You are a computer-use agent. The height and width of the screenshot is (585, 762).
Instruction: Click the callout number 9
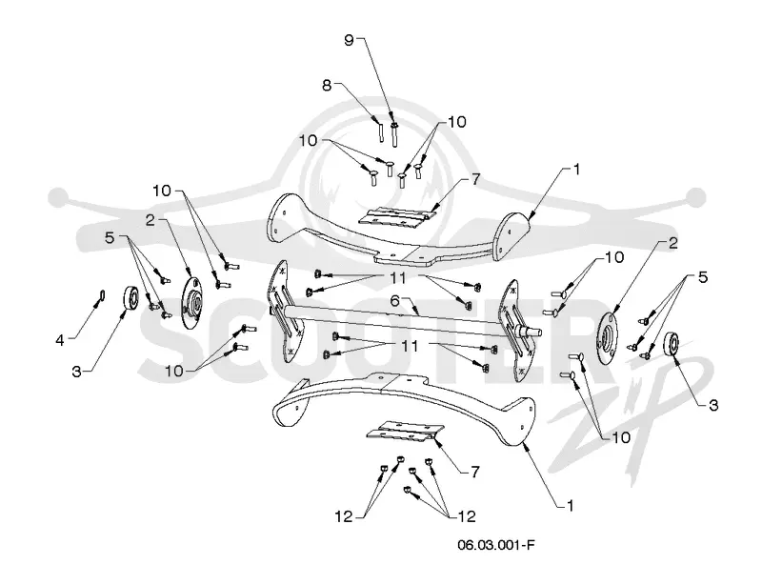click(x=349, y=40)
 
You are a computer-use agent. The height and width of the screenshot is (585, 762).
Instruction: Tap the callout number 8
click(x=327, y=85)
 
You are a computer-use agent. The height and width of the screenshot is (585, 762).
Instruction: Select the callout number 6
click(x=394, y=301)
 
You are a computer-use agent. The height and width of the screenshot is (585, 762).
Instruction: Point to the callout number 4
click(x=60, y=340)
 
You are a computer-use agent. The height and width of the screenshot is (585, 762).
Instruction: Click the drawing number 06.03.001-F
click(x=495, y=544)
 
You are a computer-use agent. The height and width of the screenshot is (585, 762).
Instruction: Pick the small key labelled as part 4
click(x=102, y=295)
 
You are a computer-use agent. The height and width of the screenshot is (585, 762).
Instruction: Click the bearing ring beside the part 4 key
click(x=130, y=297)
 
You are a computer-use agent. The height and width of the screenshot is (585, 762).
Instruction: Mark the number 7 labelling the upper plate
click(x=474, y=179)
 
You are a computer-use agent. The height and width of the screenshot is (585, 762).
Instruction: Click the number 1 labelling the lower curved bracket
click(x=571, y=505)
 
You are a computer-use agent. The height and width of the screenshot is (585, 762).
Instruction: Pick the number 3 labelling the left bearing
click(x=76, y=372)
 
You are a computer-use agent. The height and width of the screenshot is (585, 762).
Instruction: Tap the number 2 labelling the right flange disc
click(x=672, y=243)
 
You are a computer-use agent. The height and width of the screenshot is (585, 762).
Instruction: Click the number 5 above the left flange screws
click(x=110, y=238)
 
